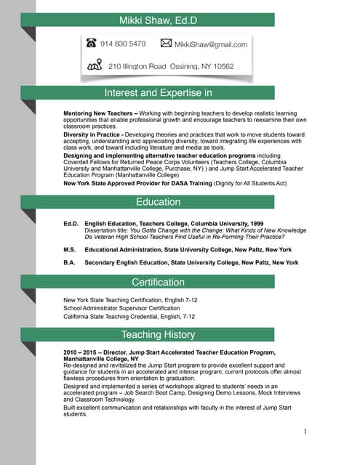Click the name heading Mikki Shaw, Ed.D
158,20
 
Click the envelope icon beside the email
165,44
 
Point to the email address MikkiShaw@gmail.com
211,44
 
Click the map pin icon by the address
94,66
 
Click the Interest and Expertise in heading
158,92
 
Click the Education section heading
158,202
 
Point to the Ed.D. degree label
71,223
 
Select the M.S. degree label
70,248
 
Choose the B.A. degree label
70,262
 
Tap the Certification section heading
158,282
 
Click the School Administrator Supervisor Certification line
121,308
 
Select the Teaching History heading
158,335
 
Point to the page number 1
305,432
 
